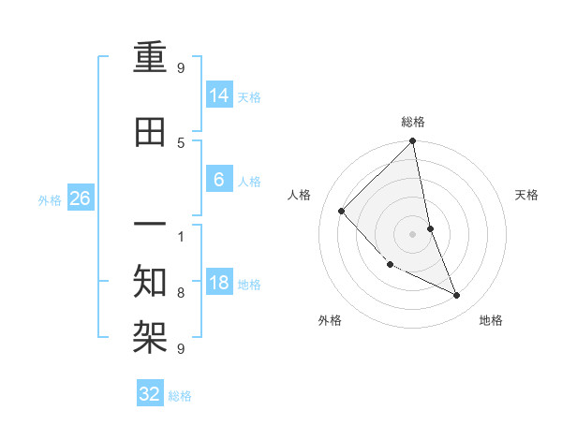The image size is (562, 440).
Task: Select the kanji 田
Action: (x=151, y=133)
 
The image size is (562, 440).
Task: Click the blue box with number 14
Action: (x=218, y=95)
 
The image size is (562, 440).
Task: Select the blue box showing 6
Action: (x=218, y=179)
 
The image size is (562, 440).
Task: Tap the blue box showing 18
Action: (x=218, y=282)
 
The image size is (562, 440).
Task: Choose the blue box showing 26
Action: (x=80, y=198)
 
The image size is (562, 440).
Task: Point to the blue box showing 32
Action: (x=150, y=394)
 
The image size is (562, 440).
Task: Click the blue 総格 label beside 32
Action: (x=180, y=396)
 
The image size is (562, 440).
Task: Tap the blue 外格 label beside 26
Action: (x=50, y=199)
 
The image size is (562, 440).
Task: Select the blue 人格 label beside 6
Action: (x=249, y=181)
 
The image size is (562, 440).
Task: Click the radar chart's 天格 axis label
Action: (x=526, y=195)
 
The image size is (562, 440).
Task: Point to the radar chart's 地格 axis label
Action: (x=491, y=320)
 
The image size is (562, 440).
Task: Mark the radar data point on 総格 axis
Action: (x=413, y=142)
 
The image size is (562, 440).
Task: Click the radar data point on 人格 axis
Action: (x=342, y=211)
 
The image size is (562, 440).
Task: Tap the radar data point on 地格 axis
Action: (x=457, y=295)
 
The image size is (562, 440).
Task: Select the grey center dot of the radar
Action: (x=413, y=233)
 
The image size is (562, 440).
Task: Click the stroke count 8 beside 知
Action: (x=181, y=293)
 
